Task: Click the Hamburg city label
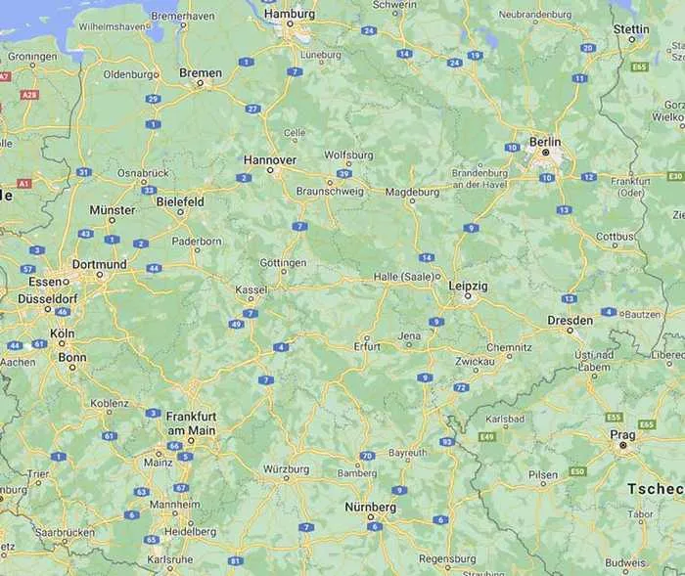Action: tap(295, 15)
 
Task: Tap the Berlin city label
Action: tap(545, 141)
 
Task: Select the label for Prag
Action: tap(622, 433)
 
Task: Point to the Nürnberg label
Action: tap(370, 508)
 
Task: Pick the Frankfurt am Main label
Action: tap(191, 422)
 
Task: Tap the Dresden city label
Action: tap(570, 320)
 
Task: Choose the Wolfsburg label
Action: tap(348, 155)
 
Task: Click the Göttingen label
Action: tap(283, 263)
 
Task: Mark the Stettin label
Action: tap(631, 29)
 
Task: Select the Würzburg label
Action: tap(286, 469)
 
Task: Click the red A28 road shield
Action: tap(29, 95)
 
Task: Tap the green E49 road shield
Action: tap(486, 436)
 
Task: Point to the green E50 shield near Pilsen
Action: tap(577, 471)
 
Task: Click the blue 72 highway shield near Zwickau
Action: tap(461, 388)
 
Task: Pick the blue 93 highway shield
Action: tap(446, 442)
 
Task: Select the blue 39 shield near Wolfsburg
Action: tap(343, 173)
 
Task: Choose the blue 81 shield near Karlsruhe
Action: tap(235, 560)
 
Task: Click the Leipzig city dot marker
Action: tap(468, 295)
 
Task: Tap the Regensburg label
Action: tap(446, 558)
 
